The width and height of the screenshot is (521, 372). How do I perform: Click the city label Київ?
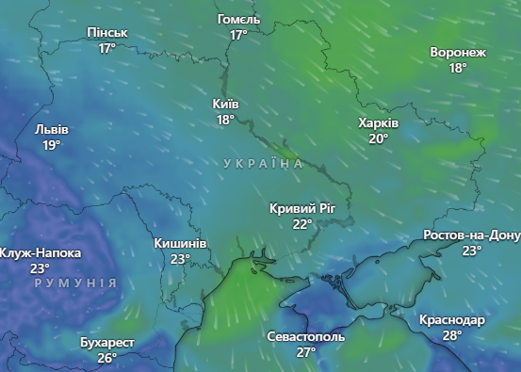click(226, 105)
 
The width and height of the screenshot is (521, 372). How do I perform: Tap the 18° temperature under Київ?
click(225, 120)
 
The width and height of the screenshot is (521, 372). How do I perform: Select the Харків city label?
click(378, 123)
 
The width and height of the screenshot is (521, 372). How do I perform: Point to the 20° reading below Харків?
click(378, 138)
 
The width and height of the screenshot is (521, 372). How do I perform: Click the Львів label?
click(51, 130)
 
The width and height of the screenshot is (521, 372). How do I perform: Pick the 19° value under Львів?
click(51, 145)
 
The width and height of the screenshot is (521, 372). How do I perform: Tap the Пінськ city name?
click(106, 33)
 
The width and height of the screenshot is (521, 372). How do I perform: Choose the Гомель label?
click(238, 20)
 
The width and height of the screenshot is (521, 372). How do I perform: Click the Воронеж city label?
click(458, 53)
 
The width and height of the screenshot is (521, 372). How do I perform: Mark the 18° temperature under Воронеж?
click(458, 68)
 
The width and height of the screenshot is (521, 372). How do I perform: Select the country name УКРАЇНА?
click(264, 164)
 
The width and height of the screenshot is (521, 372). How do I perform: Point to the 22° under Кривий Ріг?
click(301, 224)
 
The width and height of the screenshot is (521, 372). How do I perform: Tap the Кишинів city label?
click(181, 243)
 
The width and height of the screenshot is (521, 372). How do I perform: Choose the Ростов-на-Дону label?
click(471, 235)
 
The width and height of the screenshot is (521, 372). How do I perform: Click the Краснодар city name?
click(452, 320)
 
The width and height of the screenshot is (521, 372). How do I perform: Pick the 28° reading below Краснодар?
click(452, 335)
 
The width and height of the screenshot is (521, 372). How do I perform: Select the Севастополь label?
click(306, 336)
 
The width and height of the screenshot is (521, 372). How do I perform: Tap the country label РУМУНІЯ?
click(75, 283)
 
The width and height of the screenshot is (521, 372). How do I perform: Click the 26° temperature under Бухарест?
click(106, 357)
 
